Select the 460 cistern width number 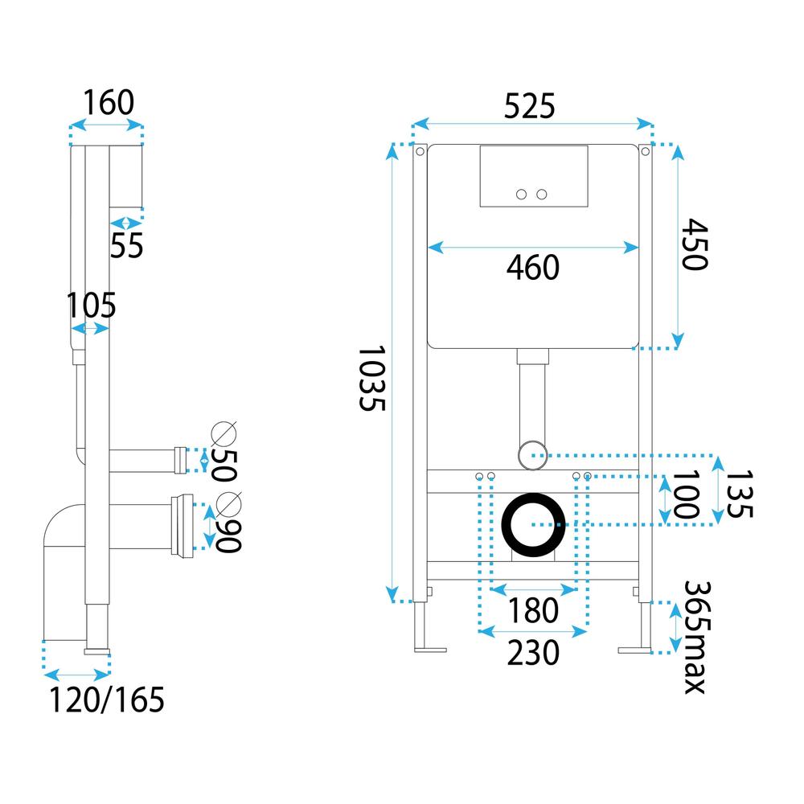click(x=532, y=268)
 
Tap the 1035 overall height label click(x=372, y=379)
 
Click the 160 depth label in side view click(x=107, y=103)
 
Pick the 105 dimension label click(x=91, y=306)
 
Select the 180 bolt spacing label click(x=532, y=611)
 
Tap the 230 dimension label click(x=532, y=654)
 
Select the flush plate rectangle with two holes click(x=532, y=176)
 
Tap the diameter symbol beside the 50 click(x=224, y=435)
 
